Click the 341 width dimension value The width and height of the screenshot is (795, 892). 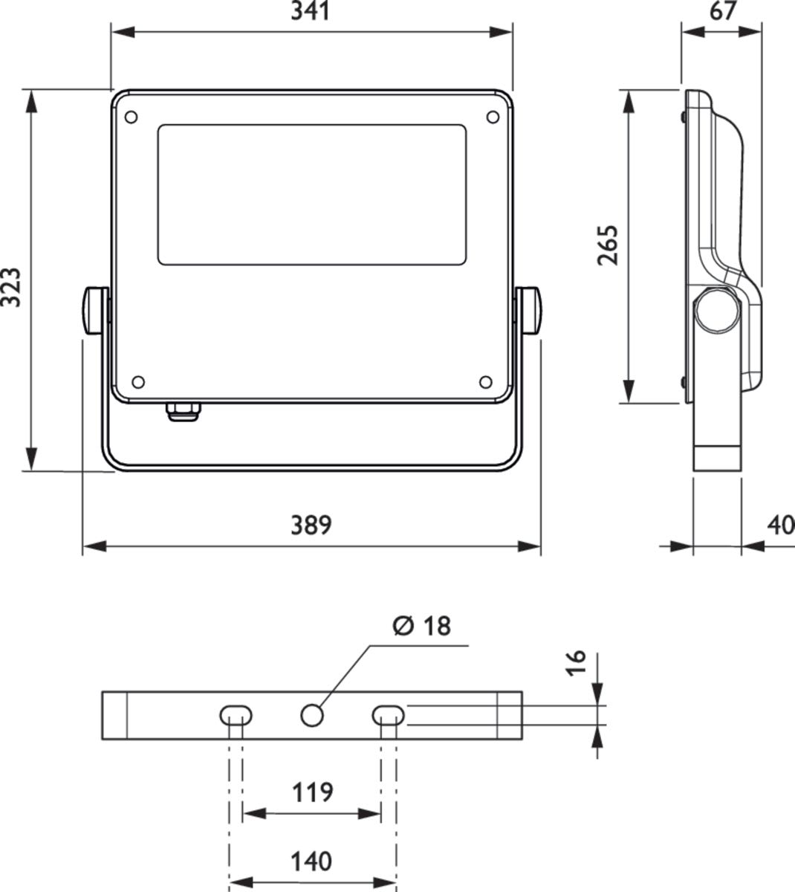[311, 13]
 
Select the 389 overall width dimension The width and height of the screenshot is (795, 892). [311, 525]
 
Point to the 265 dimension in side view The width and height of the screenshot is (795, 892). [608, 245]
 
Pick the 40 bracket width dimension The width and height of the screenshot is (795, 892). [781, 525]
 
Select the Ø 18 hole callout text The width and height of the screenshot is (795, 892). [421, 627]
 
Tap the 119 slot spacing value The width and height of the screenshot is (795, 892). [311, 792]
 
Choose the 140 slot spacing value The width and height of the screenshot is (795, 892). [311, 862]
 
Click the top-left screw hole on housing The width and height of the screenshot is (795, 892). [131, 117]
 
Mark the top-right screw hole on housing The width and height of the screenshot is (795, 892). [492, 117]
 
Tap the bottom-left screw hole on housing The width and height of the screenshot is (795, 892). [137, 382]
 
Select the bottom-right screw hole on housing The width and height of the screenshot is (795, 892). [485, 382]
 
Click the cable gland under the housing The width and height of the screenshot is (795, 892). [182, 412]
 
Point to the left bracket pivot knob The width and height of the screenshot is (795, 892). [93, 310]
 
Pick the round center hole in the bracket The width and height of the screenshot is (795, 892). [312, 715]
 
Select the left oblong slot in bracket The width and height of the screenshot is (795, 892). [236, 715]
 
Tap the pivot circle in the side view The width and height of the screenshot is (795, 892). [718, 308]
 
